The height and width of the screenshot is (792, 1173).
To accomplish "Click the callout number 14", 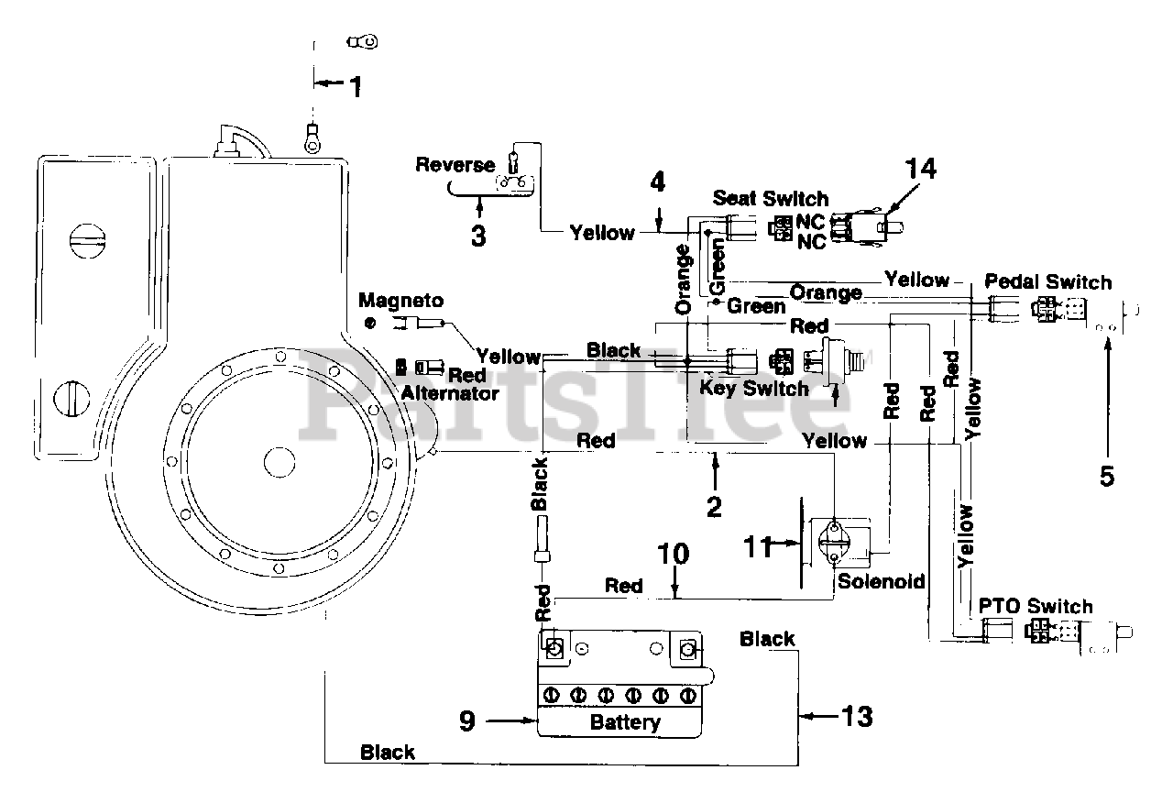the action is tap(921, 170).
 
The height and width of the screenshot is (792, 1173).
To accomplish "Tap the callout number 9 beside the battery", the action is tap(467, 720).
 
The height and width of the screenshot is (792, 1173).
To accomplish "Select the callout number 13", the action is tap(857, 717).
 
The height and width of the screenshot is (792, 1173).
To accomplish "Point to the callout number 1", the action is tap(356, 87).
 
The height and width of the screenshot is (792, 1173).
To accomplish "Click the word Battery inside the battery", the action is tap(625, 722).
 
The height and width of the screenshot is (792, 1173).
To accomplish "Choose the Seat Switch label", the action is tap(771, 199).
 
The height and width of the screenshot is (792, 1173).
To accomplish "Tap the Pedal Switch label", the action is tap(1048, 281).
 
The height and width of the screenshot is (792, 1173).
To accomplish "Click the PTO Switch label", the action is tap(1036, 607).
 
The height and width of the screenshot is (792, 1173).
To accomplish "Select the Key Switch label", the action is tap(754, 389).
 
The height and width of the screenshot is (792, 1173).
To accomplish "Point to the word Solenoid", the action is tap(882, 581).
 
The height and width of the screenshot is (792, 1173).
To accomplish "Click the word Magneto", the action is tap(401, 301).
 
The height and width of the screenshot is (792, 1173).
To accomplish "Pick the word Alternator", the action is tap(450, 394).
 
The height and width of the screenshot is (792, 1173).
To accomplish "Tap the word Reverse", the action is tap(455, 165).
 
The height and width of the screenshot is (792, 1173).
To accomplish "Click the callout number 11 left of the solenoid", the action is tap(758, 547).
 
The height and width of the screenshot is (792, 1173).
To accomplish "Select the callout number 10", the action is tap(674, 554).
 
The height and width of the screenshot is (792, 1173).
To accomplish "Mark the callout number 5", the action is tap(1107, 477).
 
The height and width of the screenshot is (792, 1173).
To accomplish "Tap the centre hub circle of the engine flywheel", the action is tap(280, 463).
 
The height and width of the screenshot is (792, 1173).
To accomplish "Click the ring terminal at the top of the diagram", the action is tap(362, 41).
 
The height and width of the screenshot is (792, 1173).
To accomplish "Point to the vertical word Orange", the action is tap(684, 280).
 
